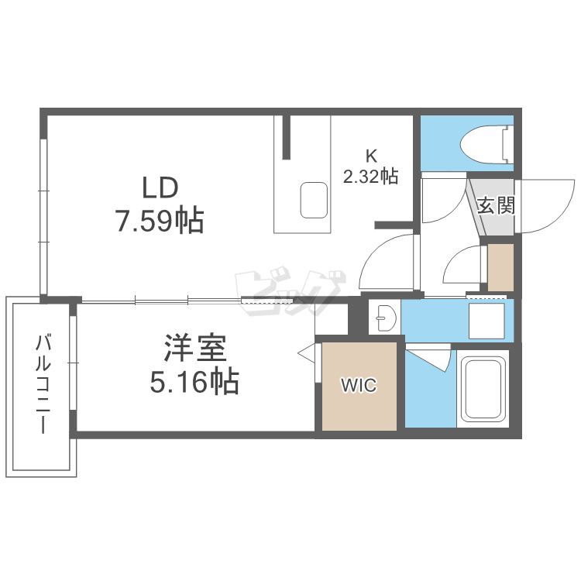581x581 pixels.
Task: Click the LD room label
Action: [160, 188]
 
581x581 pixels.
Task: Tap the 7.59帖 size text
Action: [160, 221]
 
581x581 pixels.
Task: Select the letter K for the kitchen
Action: [371, 156]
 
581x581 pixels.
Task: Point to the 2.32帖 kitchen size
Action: [370, 176]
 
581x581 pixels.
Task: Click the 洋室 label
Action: [195, 348]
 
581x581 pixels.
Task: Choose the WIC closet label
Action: [359, 386]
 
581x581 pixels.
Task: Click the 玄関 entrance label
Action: [496, 205]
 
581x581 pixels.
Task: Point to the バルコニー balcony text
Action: [43, 384]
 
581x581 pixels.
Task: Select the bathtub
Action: [483, 388]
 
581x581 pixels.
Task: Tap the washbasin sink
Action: [386, 318]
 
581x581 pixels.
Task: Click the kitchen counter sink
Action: [314, 200]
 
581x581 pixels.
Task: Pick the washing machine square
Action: [486, 321]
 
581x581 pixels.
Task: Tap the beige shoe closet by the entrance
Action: [500, 267]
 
